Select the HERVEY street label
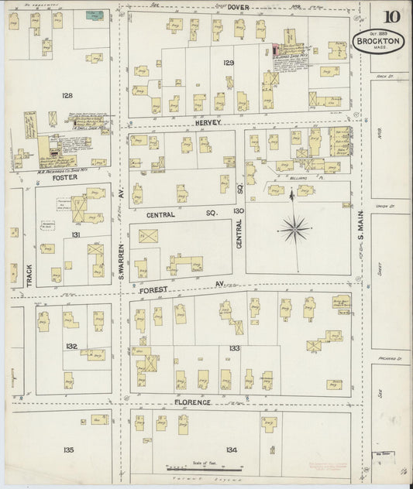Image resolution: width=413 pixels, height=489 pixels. click(x=208, y=123)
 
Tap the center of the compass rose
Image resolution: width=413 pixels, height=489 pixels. click(x=294, y=228)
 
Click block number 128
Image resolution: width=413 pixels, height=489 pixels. click(x=67, y=96)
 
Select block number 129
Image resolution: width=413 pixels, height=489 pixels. click(x=228, y=62)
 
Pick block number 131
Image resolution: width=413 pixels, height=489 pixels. click(x=75, y=234)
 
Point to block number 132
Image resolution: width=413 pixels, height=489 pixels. click(x=71, y=346)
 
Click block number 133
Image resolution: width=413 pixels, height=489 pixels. click(x=234, y=349)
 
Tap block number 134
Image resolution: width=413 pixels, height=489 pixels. click(x=230, y=450)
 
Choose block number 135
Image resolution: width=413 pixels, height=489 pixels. click(x=68, y=450)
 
